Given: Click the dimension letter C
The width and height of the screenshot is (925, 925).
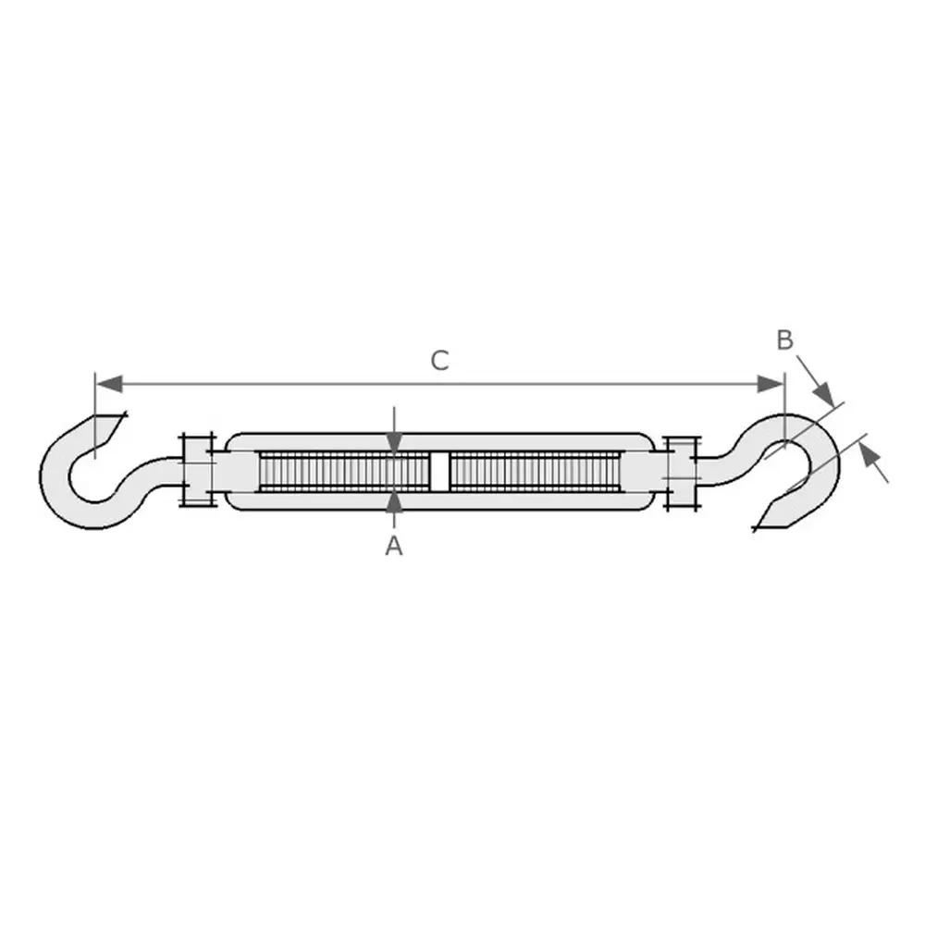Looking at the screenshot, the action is (x=440, y=361).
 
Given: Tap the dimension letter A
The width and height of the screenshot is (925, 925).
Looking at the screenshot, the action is (x=394, y=546).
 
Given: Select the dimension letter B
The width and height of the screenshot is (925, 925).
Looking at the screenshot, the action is (x=784, y=340).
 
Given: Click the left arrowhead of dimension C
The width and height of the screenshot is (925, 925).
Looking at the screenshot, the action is (x=109, y=384).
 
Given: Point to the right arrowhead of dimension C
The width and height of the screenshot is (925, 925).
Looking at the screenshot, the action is (x=771, y=384).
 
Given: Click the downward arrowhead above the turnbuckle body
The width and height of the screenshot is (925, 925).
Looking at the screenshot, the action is (x=395, y=443).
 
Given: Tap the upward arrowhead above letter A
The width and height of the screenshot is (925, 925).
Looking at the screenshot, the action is (x=395, y=502).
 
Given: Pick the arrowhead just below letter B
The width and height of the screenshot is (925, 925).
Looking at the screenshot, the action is (x=823, y=393).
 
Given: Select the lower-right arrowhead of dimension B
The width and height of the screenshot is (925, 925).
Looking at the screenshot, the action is (x=868, y=455).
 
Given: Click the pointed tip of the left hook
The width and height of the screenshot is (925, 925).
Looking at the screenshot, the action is (x=126, y=413).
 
